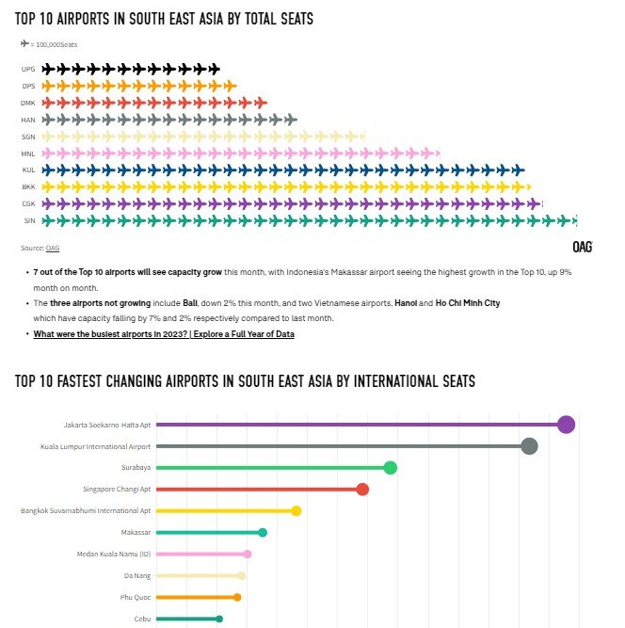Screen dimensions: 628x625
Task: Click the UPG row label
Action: [28, 69]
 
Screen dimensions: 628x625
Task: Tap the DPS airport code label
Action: [28, 86]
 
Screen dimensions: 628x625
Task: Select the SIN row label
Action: [28, 221]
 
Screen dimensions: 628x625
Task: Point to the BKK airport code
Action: [28, 187]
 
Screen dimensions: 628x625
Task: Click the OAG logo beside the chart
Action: [584, 247]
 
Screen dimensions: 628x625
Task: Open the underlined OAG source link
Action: [53, 248]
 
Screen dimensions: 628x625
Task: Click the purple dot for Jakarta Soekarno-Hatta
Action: [566, 425]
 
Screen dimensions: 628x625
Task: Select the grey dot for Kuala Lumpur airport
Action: [529, 446]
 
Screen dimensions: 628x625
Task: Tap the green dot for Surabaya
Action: [390, 468]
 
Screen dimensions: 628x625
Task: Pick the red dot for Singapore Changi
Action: [362, 489]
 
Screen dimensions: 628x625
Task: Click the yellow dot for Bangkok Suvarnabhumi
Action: [296, 510]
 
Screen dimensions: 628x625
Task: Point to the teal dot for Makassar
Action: [263, 533]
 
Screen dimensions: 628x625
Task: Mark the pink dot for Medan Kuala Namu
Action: [248, 555]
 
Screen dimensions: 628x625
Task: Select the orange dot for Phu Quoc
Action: [237, 597]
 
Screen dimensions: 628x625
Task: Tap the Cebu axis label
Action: [142, 619]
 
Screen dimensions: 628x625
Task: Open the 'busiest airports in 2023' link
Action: [164, 334]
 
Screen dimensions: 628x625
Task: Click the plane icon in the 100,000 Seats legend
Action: [24, 43]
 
